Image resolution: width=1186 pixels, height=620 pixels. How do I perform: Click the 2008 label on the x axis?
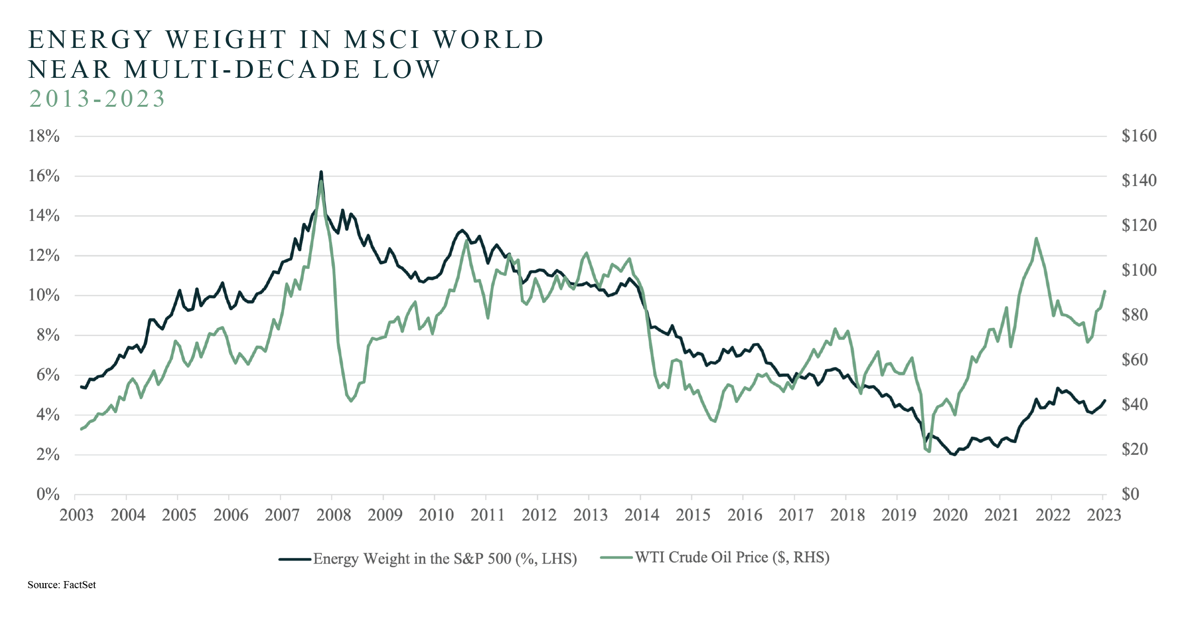pyautogui.click(x=333, y=515)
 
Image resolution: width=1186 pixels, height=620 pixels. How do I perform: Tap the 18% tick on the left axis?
pyautogui.click(x=44, y=136)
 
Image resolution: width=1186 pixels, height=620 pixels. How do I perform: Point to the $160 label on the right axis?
pyautogui.click(x=1139, y=136)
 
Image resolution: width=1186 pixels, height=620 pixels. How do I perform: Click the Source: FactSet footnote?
pyautogui.click(x=62, y=584)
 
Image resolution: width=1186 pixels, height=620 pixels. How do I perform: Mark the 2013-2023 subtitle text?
pyautogui.click(x=97, y=99)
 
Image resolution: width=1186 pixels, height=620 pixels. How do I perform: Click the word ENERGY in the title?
pyautogui.click(x=91, y=39)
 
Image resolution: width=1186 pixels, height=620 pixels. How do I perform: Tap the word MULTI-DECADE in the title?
pyautogui.click(x=242, y=69)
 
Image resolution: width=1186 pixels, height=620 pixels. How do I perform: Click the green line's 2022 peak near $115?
pyautogui.click(x=1036, y=239)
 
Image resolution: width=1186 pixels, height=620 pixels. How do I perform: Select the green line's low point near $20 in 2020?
pyautogui.click(x=929, y=451)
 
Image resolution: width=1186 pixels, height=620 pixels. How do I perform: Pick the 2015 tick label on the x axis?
pyautogui.click(x=693, y=515)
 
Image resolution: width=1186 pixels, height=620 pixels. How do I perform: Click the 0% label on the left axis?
pyautogui.click(x=48, y=494)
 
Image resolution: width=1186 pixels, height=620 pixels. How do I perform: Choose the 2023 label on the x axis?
pyautogui.click(x=1103, y=515)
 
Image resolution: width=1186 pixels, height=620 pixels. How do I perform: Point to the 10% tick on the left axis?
pyautogui.click(x=44, y=295)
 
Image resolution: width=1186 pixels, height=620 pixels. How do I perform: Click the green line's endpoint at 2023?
pyautogui.click(x=1105, y=291)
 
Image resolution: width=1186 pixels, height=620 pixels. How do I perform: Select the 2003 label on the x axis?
pyautogui.click(x=76, y=515)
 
